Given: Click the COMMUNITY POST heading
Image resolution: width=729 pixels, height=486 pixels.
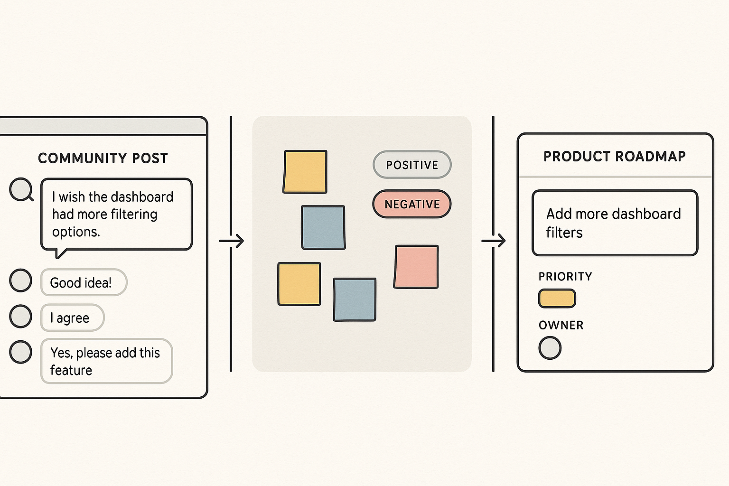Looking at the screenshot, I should click(x=103, y=158).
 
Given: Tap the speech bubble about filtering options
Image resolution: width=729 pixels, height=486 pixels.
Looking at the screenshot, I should click(x=116, y=214).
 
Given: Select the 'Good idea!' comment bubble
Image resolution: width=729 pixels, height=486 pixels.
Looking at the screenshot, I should click(x=84, y=282).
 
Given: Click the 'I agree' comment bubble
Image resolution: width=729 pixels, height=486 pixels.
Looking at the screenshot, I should click(x=72, y=318).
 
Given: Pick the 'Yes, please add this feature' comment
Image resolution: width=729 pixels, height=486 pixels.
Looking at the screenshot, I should click(x=106, y=361).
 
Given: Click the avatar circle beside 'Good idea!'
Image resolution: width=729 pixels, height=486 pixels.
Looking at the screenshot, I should click(x=21, y=280).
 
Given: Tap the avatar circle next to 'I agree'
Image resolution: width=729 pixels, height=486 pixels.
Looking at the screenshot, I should click(x=21, y=316).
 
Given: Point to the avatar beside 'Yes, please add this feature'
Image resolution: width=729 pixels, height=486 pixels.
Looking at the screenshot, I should click(x=21, y=352).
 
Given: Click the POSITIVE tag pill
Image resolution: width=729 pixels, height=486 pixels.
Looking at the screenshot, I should click(x=412, y=165).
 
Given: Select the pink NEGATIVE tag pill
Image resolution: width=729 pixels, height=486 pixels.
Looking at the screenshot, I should click(x=412, y=204).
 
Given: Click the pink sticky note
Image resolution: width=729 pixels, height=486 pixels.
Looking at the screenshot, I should click(x=416, y=267).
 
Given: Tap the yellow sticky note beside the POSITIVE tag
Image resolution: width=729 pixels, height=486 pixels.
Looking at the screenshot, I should click(x=305, y=172).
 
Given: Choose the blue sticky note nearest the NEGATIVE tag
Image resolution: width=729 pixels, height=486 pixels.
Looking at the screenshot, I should click(x=323, y=227).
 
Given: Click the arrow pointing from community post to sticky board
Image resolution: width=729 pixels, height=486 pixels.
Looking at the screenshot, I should click(x=232, y=241).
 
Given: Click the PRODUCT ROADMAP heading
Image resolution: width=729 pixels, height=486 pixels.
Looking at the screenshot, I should click(x=615, y=156).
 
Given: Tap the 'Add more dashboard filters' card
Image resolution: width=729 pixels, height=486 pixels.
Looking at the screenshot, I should click(x=615, y=223).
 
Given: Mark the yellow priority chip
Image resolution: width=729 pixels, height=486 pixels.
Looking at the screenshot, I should click(x=557, y=299).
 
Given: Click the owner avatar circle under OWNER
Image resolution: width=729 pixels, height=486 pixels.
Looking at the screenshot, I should click(x=550, y=348).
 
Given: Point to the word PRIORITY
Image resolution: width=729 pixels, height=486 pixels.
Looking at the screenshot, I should click(x=565, y=276).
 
